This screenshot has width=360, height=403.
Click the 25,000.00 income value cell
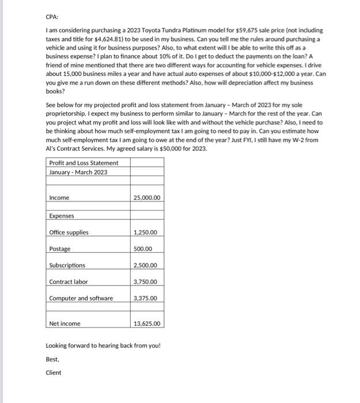[x=147, y=198]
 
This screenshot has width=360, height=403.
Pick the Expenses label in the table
[x=62, y=216]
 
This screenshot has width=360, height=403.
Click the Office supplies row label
[x=69, y=233]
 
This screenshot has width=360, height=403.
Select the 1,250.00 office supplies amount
[x=145, y=233]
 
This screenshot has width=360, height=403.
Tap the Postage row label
[x=59, y=249]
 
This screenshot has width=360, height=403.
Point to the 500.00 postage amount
[x=143, y=249]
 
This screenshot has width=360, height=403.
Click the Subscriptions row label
[x=67, y=265]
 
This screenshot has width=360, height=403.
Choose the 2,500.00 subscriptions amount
[x=145, y=265]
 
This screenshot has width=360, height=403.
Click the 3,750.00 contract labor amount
[x=145, y=282]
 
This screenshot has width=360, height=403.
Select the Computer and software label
[x=81, y=298]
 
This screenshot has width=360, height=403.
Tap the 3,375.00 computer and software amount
[x=145, y=298]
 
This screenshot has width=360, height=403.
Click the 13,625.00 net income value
[x=147, y=324]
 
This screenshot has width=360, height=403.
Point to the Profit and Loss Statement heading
[x=84, y=163]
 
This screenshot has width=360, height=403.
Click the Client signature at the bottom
[x=53, y=372]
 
